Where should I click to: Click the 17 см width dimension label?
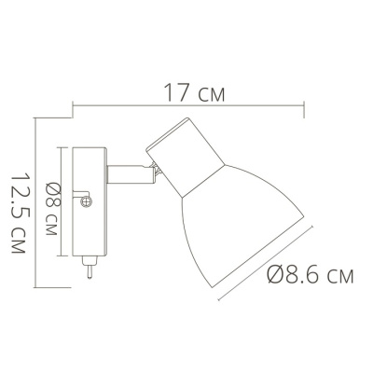tap(194, 92)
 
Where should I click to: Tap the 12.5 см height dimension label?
tap(18, 214)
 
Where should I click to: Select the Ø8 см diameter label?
tap(51, 209)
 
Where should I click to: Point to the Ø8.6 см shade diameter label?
tap(310, 274)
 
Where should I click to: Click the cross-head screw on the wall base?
tap(87, 201)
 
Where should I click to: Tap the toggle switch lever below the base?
tap(89, 268)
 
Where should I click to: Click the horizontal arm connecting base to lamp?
tap(131, 174)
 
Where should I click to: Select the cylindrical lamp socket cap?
tap(186, 157)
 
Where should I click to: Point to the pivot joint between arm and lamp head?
tap(157, 170)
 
